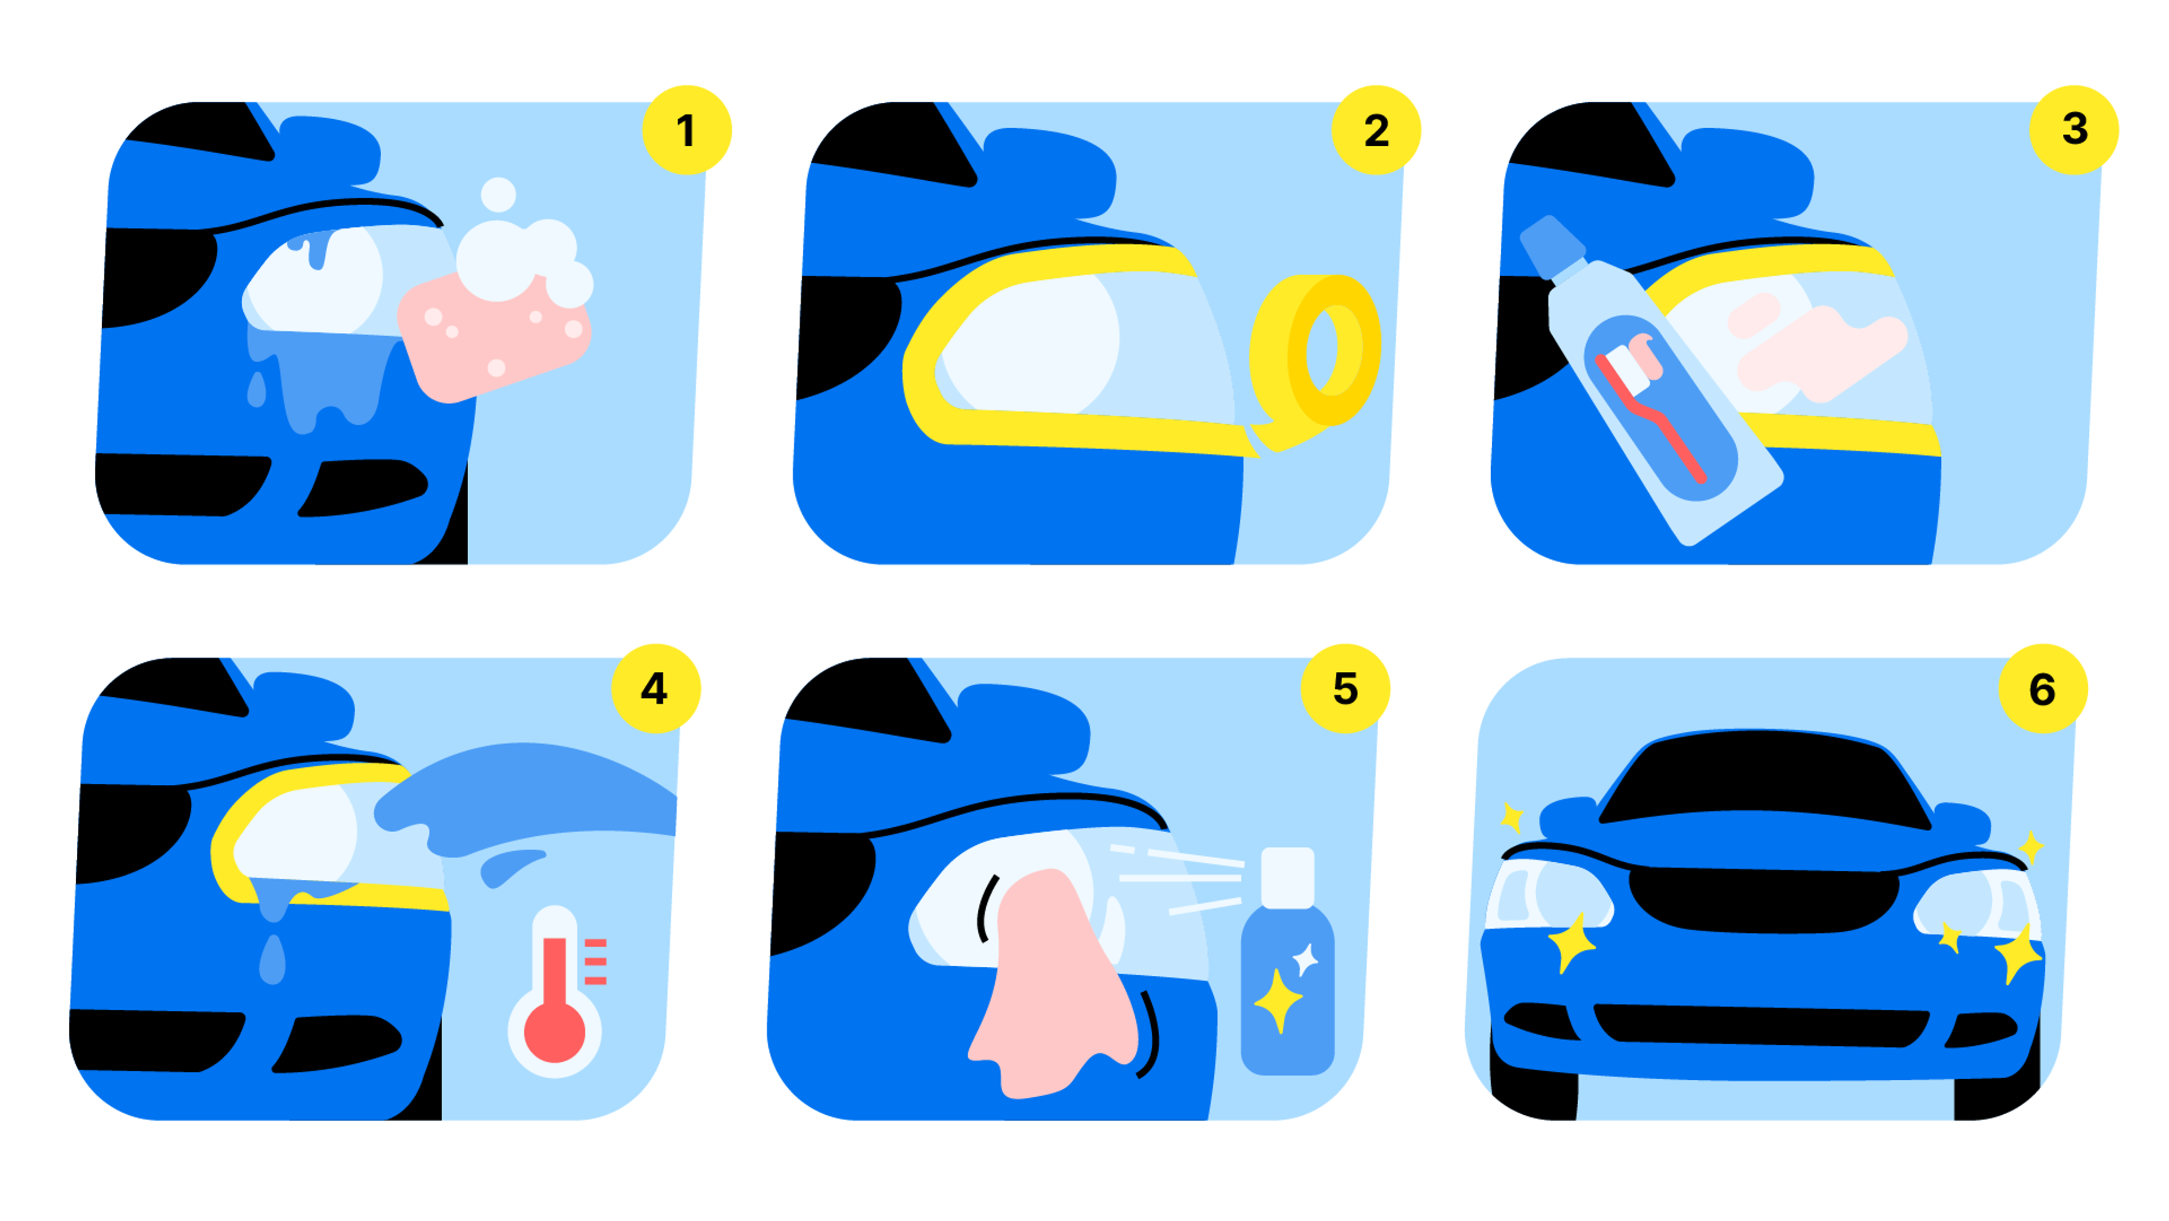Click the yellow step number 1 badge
click(686, 130)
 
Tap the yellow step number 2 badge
click(1376, 130)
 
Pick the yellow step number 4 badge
click(655, 689)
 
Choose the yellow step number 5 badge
click(1345, 689)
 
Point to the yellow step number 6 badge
click(2042, 689)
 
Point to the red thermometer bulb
click(554, 1032)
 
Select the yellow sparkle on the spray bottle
click(1278, 1001)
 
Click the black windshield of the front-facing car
click(1764, 779)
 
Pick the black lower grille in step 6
click(1762, 1026)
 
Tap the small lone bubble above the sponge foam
click(498, 194)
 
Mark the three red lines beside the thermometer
click(595, 961)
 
